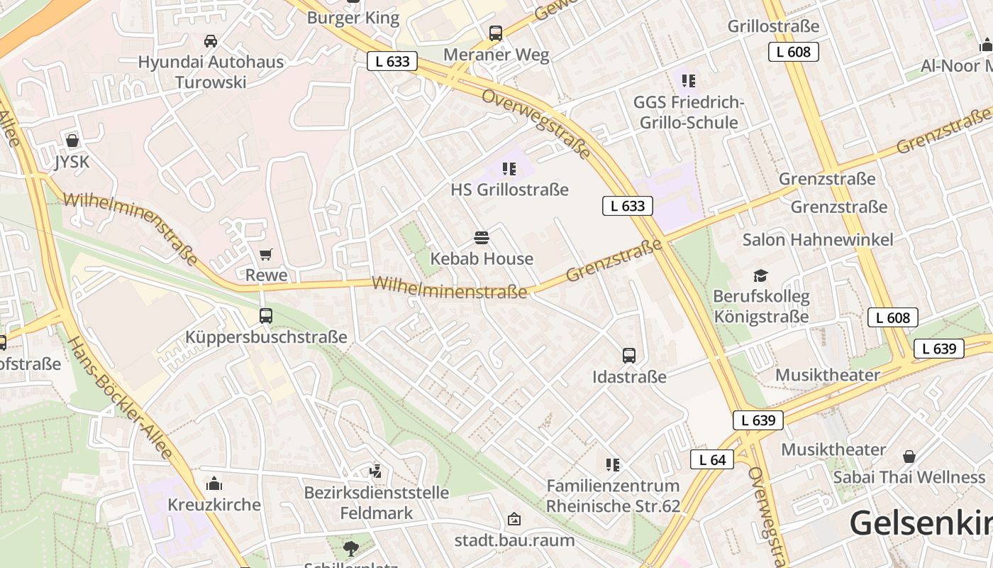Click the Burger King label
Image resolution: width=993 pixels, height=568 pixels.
(x=353, y=18)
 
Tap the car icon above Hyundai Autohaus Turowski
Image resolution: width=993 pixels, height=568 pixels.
(x=211, y=41)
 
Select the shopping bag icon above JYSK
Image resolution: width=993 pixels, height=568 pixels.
(x=72, y=141)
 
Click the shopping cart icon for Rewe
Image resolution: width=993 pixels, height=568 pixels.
(x=266, y=254)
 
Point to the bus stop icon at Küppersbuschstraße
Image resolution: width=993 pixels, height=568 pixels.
(x=266, y=316)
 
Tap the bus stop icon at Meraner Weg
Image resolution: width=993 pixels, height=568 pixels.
(x=496, y=33)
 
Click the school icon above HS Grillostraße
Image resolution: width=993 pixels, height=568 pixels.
(x=509, y=169)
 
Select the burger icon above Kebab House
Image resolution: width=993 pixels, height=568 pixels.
(x=482, y=237)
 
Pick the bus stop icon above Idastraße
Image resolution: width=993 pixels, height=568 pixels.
(x=629, y=355)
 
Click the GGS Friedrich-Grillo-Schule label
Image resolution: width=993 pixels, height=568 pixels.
(x=688, y=113)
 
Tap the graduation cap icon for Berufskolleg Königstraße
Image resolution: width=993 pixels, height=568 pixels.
(x=760, y=275)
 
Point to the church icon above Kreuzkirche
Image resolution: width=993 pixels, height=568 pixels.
(x=213, y=484)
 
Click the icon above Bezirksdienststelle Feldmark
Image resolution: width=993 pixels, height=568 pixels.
(x=376, y=471)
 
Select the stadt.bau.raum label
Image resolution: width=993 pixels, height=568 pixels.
(x=514, y=540)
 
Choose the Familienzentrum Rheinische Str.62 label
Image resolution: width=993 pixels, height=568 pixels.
(x=613, y=496)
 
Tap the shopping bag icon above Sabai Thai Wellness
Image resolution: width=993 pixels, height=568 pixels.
(x=909, y=457)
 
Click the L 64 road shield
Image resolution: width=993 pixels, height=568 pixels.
(x=712, y=459)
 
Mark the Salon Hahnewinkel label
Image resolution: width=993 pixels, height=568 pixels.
(x=818, y=240)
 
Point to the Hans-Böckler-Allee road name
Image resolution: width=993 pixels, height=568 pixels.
(x=119, y=398)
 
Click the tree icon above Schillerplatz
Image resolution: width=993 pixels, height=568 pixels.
(x=350, y=548)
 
